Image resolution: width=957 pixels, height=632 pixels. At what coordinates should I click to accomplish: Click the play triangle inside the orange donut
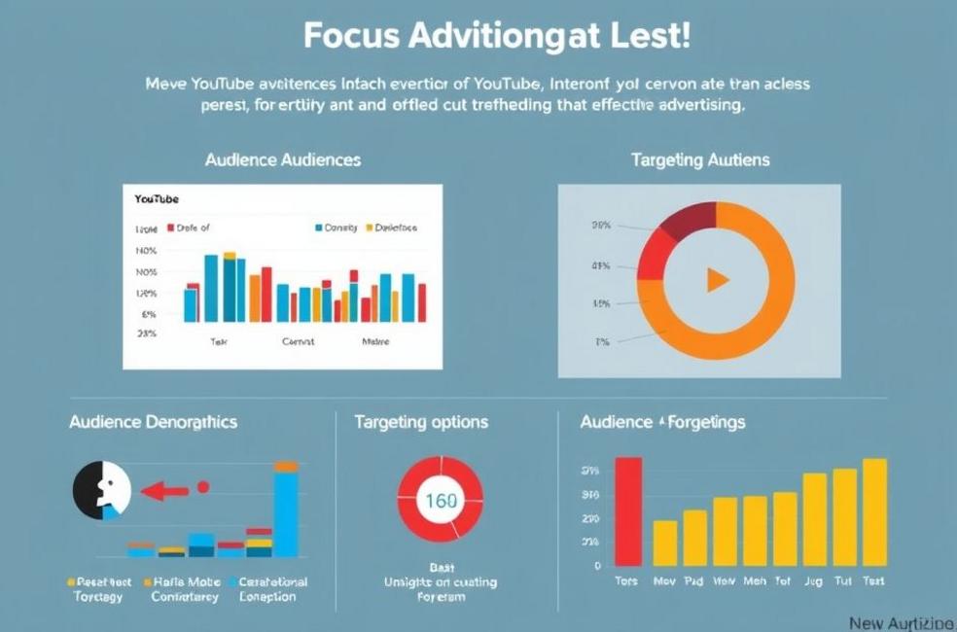click(x=717, y=281)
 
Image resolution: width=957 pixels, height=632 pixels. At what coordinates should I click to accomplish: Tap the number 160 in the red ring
click(x=442, y=502)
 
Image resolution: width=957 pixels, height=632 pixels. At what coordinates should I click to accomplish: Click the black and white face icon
click(x=102, y=489)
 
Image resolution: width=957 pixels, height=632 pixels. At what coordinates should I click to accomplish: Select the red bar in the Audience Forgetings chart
click(x=628, y=511)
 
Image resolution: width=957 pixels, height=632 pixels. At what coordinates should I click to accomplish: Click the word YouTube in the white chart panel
click(x=157, y=198)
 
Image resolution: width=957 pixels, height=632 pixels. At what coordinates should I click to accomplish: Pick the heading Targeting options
click(x=421, y=422)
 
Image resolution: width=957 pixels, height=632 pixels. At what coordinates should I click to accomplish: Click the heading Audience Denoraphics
click(x=153, y=422)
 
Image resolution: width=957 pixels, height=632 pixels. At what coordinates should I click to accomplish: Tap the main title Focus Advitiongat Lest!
click(x=497, y=36)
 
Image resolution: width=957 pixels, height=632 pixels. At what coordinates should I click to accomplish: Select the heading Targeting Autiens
click(x=699, y=159)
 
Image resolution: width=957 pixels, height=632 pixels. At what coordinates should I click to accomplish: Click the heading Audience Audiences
click(x=283, y=159)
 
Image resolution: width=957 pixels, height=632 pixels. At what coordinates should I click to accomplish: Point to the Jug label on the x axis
click(x=814, y=580)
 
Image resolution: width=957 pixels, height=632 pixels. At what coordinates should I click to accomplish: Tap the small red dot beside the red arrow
click(x=203, y=486)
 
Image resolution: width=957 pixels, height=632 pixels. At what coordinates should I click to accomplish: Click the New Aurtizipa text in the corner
click(x=901, y=622)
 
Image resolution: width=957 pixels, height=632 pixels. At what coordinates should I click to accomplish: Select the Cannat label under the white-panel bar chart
click(x=298, y=342)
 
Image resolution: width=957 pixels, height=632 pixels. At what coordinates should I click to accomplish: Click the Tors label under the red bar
click(x=627, y=580)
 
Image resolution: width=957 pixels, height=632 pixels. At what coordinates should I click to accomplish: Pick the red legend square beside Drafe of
click(x=171, y=228)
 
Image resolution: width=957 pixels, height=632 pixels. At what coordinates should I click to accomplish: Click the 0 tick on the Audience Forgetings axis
click(x=598, y=565)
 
